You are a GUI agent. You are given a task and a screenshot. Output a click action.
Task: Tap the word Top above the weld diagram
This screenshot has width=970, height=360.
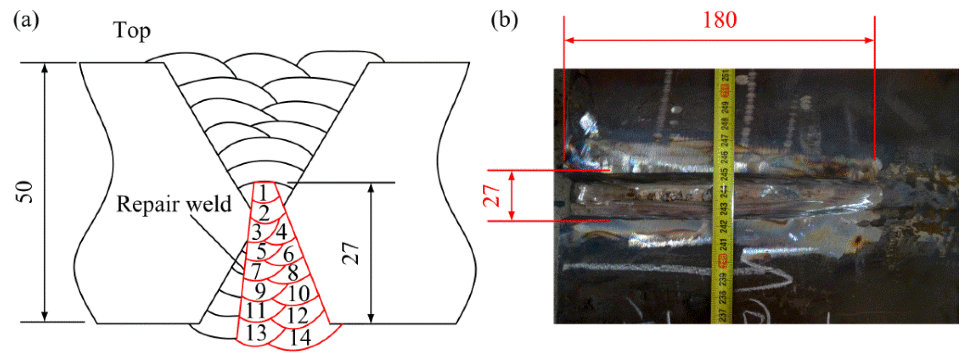(x=132, y=31)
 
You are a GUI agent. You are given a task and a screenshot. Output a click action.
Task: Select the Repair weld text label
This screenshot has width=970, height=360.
(x=174, y=204)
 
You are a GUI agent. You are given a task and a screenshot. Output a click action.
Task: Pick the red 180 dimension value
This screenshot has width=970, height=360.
(x=720, y=20)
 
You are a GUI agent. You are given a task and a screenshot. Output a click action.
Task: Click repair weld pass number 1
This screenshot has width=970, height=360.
(x=263, y=193)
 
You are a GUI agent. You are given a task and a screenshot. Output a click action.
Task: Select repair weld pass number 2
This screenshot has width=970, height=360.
(x=264, y=213)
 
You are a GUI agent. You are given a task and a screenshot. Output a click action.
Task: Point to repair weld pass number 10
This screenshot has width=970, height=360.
(x=299, y=294)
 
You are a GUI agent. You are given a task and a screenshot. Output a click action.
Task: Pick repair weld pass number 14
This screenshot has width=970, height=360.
(x=300, y=337)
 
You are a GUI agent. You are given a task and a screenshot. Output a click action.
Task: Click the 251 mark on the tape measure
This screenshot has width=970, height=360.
(x=725, y=76)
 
